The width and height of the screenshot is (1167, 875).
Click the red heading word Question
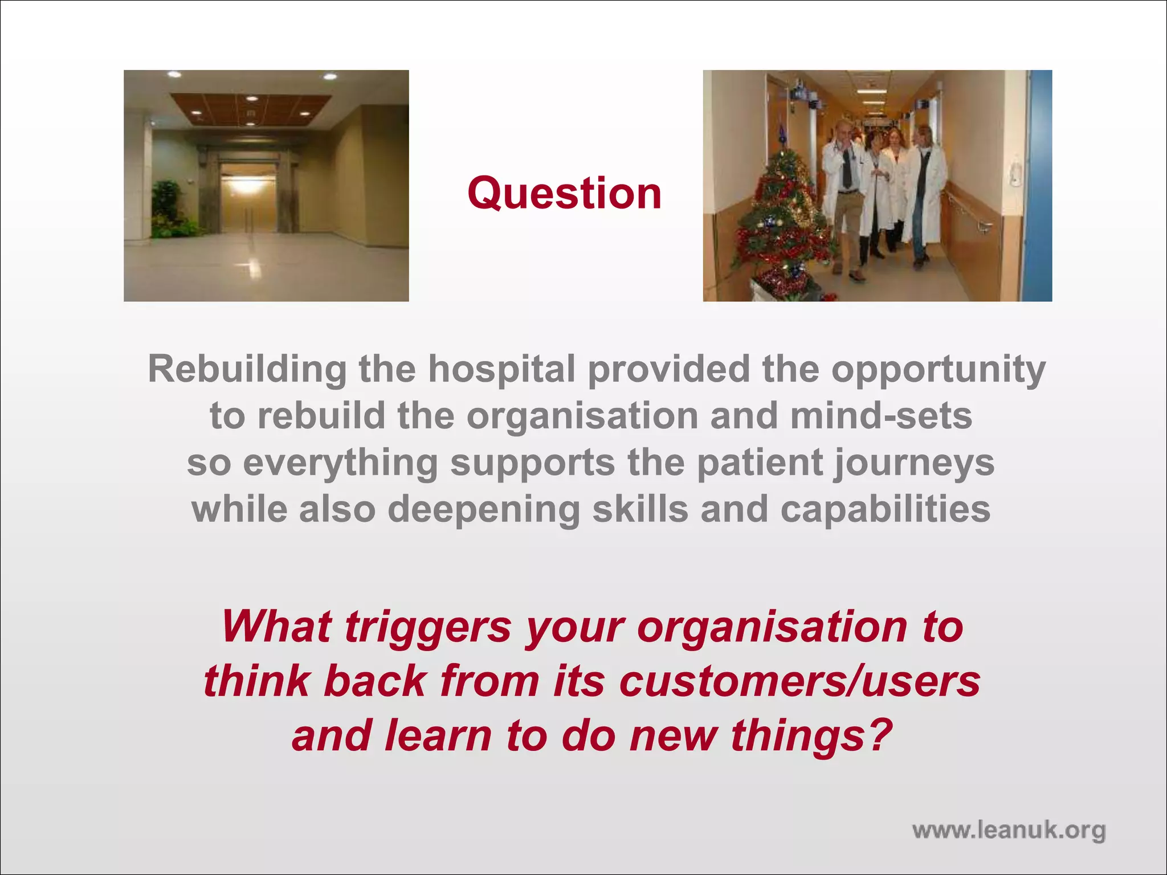[x=564, y=194]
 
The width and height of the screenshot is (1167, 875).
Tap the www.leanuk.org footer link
[x=1009, y=830]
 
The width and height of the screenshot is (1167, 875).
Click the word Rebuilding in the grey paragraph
[x=247, y=369]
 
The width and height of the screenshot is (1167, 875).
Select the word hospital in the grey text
[x=501, y=369]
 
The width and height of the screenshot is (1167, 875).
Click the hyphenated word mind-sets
[x=881, y=416]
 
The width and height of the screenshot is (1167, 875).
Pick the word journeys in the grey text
[x=915, y=463]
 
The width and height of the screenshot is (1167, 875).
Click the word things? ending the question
[x=811, y=735]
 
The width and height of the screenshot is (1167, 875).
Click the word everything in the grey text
[x=340, y=463]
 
